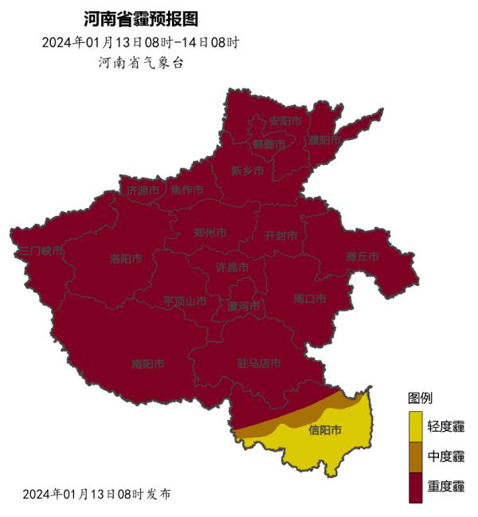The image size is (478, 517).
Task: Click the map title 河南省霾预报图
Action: [x=140, y=19]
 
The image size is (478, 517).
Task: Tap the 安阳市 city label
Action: [x=285, y=121]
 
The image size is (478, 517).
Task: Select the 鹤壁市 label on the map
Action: [x=268, y=144]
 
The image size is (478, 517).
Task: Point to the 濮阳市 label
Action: [x=324, y=140]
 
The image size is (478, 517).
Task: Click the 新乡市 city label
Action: [x=247, y=170]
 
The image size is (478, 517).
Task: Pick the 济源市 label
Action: [x=143, y=190]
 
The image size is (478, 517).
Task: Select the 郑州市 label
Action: [x=210, y=233]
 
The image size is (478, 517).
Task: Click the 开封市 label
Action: [x=280, y=236]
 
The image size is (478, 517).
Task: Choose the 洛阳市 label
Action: [x=126, y=259]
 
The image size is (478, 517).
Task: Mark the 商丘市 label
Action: [x=362, y=257]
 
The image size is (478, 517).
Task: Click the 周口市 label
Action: [x=310, y=300]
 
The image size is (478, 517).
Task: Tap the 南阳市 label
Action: [x=147, y=364]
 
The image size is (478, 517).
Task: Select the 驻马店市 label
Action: [x=259, y=363]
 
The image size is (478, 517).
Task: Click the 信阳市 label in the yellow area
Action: [x=324, y=430]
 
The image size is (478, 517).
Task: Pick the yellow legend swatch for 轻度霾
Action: [x=416, y=427]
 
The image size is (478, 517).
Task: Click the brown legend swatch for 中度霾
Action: [x=416, y=456]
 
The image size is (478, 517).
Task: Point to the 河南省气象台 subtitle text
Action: [x=140, y=62]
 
